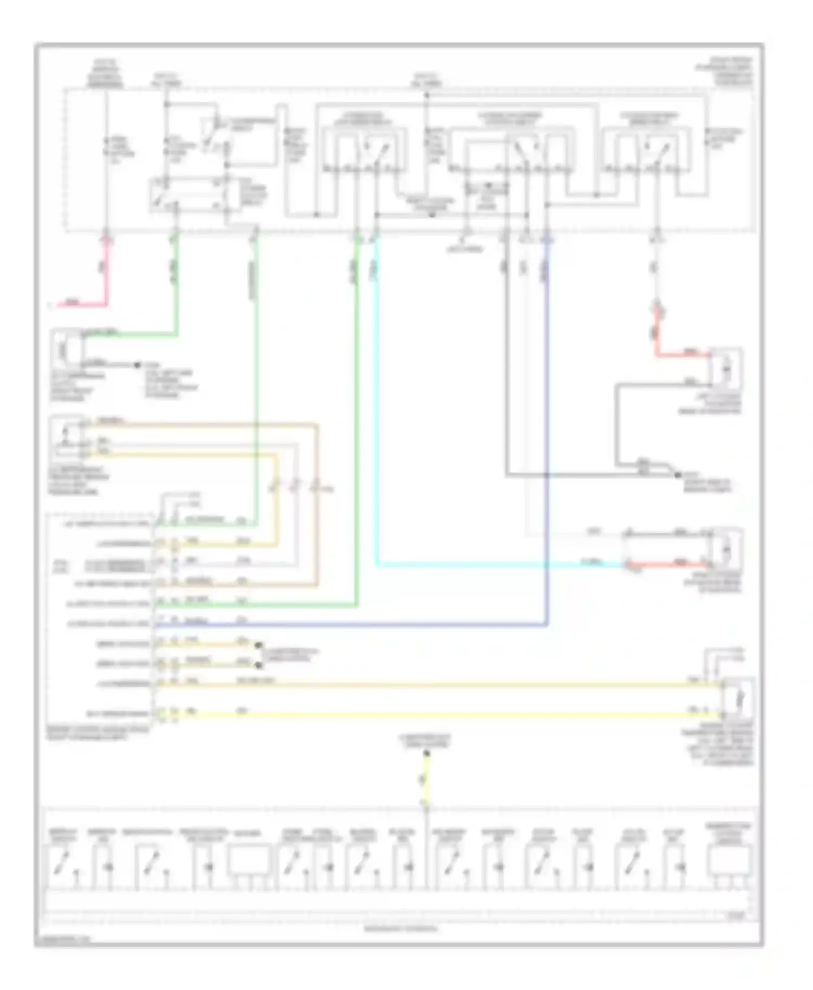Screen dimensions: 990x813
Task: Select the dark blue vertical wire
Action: [x=547, y=433]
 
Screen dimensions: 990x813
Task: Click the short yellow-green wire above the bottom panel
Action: [x=426, y=780]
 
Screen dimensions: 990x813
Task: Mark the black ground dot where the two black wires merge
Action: [x=677, y=475]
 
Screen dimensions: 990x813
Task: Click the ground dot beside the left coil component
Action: [x=137, y=365]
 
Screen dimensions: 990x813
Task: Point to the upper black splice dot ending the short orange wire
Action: [x=259, y=645]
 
